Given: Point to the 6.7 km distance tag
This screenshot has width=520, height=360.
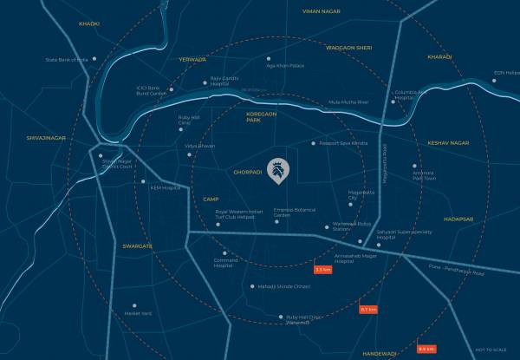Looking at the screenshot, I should point(368,309).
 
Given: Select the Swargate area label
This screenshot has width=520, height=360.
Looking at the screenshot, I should point(138,246).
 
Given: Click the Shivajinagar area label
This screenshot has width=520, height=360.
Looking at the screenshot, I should point(46,136).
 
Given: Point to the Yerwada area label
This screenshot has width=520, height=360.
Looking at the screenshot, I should point(192,60).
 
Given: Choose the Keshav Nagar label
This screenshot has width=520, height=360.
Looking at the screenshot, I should point(448,142).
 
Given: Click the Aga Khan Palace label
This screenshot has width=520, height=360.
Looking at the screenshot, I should point(286,66).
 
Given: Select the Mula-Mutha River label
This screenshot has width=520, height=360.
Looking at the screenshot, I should point(348,102).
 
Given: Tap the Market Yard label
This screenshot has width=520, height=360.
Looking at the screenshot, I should point(138,313).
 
